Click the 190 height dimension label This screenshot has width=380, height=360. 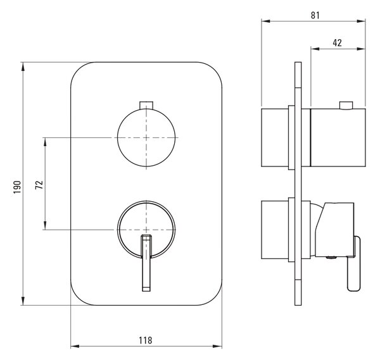[17, 187]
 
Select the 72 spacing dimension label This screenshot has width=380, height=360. [39, 185]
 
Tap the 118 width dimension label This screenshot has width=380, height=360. [146, 340]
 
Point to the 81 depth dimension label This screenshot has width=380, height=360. [315, 15]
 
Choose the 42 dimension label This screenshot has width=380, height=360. [337, 42]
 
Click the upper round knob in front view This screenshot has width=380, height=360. [146, 137]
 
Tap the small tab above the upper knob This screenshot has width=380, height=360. [146, 105]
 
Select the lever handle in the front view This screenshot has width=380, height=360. [146, 263]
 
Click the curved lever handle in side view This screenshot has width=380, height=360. [354, 264]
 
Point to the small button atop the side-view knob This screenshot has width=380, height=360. [346, 105]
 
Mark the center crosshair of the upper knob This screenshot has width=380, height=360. [146, 137]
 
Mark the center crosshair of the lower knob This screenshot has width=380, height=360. [146, 229]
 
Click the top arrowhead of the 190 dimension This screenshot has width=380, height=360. [23, 66]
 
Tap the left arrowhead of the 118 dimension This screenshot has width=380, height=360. [75, 346]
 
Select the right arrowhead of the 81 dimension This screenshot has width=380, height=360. [361, 22]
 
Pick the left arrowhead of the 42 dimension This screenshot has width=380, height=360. [315, 49]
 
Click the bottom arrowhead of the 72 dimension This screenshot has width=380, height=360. [45, 225]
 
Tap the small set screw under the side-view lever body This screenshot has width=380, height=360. [331, 258]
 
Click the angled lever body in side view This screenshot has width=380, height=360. [334, 230]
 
